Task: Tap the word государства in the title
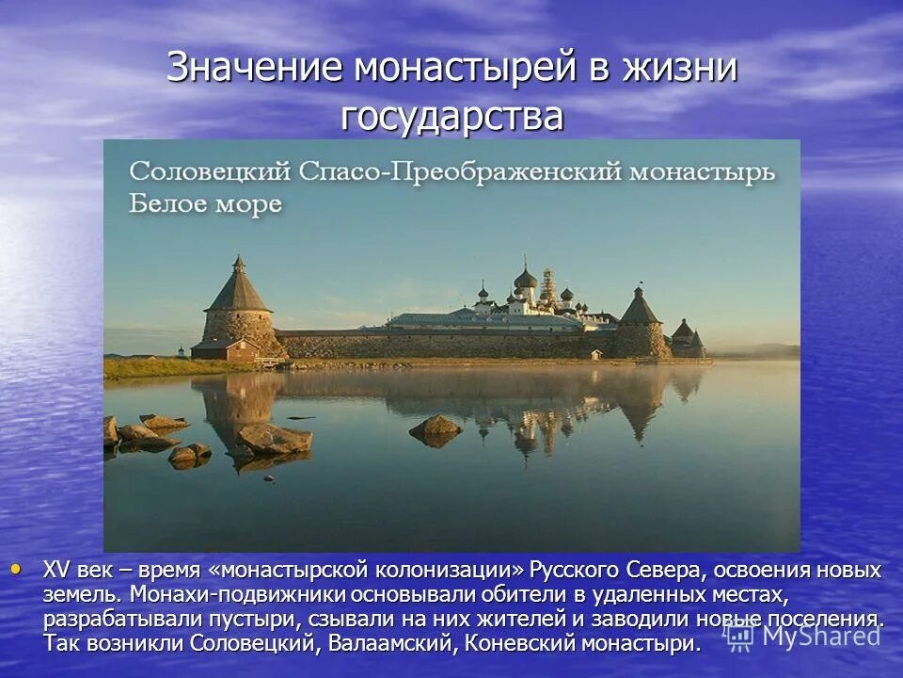[x=452, y=117]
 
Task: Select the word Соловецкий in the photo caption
[x=209, y=172]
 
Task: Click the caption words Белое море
[x=205, y=203]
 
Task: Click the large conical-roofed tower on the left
[x=237, y=306]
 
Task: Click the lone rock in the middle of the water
[x=436, y=428]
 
